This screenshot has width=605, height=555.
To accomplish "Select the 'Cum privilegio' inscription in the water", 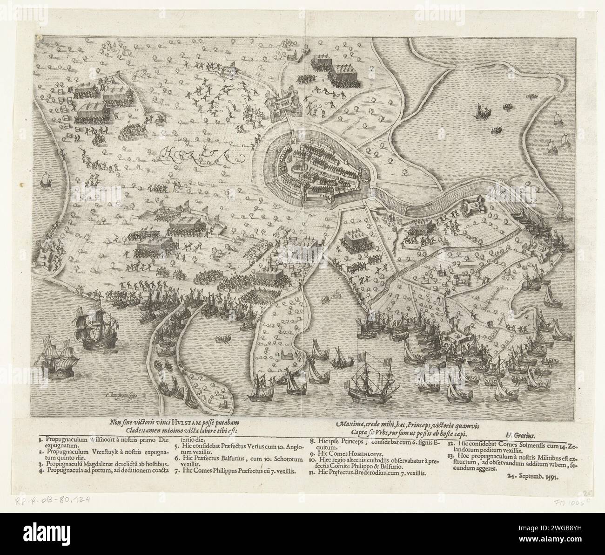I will pyautogui.click(x=118, y=395).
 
